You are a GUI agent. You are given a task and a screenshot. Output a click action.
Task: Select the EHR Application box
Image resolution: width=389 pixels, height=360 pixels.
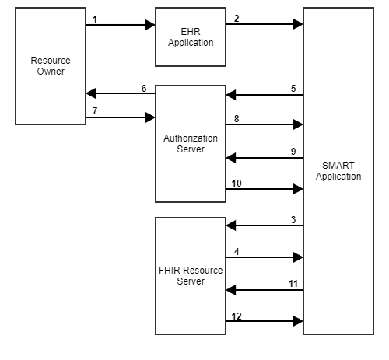pyautogui.click(x=190, y=37)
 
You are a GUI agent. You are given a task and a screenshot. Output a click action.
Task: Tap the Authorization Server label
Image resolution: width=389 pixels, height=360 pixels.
pyautogui.click(x=190, y=143)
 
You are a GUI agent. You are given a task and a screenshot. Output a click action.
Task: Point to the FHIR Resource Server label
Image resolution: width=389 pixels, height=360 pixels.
pyautogui.click(x=190, y=275)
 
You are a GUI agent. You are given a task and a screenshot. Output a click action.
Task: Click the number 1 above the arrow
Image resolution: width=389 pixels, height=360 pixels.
pyautogui.click(x=94, y=17)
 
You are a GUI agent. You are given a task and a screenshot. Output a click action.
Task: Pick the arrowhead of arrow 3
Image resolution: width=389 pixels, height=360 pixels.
pyautogui.click(x=230, y=226)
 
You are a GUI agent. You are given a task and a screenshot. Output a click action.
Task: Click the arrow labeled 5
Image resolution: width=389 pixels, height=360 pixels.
pyautogui.click(x=265, y=96)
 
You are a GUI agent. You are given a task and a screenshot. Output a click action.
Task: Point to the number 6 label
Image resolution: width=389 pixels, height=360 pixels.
pyautogui.click(x=144, y=88)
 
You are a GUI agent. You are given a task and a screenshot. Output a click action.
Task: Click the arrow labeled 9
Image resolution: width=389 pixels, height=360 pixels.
pyautogui.click(x=265, y=159)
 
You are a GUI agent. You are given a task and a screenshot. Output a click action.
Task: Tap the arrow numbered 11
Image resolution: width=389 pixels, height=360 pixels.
pyautogui.click(x=265, y=289)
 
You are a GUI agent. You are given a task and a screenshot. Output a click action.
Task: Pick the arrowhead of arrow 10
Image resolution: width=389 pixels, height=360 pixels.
pyautogui.click(x=298, y=189)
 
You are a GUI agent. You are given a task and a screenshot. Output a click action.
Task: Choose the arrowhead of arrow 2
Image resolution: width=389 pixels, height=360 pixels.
pyautogui.click(x=298, y=25)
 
